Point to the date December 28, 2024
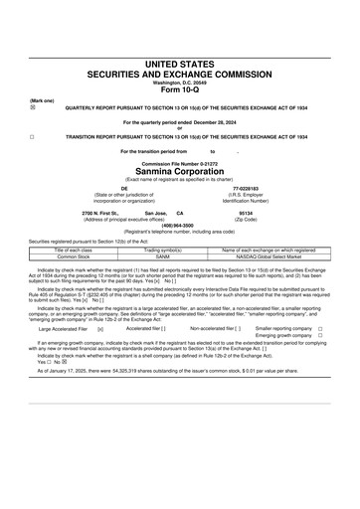(x=216, y=121)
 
